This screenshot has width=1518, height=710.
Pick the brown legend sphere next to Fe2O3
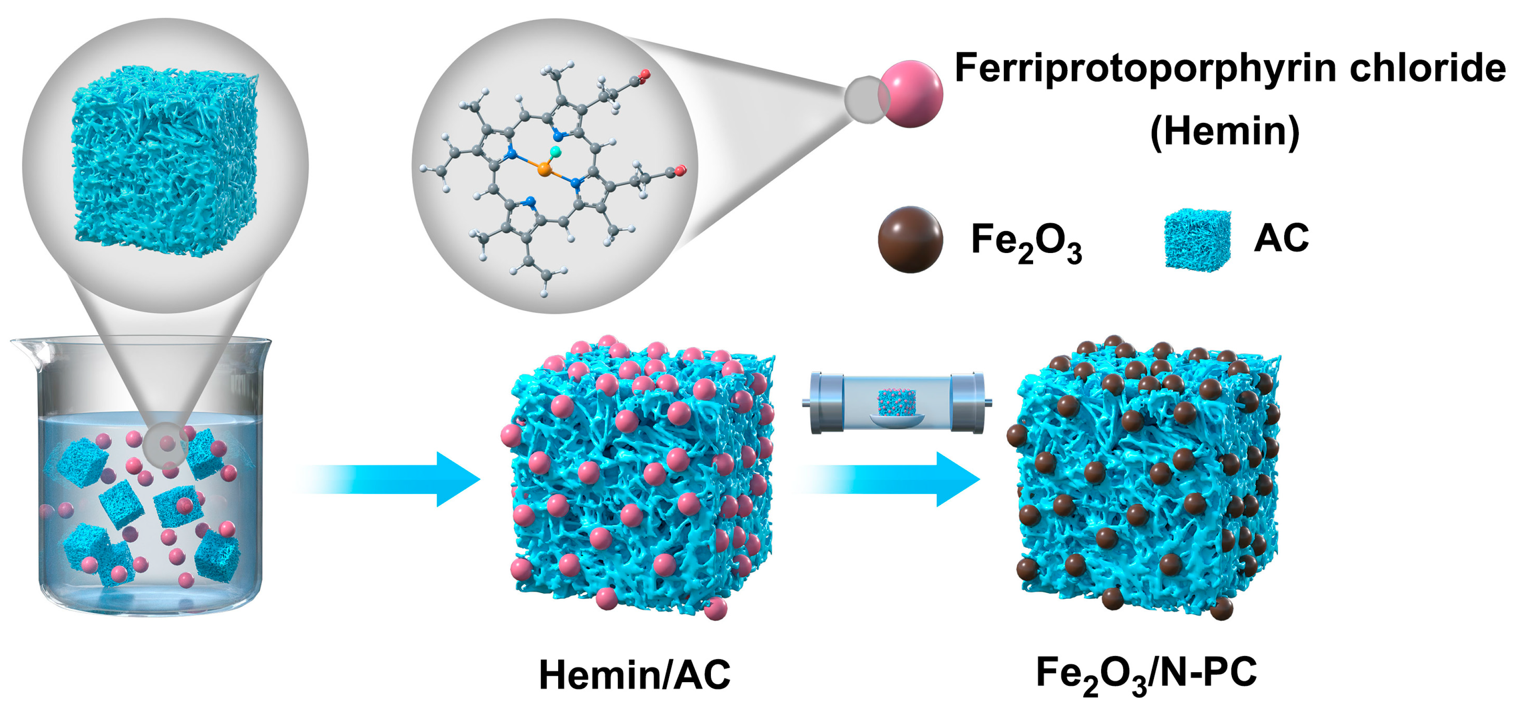910,240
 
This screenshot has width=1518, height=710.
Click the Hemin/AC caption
635,675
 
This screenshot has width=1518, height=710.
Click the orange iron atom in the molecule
544,170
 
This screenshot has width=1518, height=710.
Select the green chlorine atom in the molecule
555,153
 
